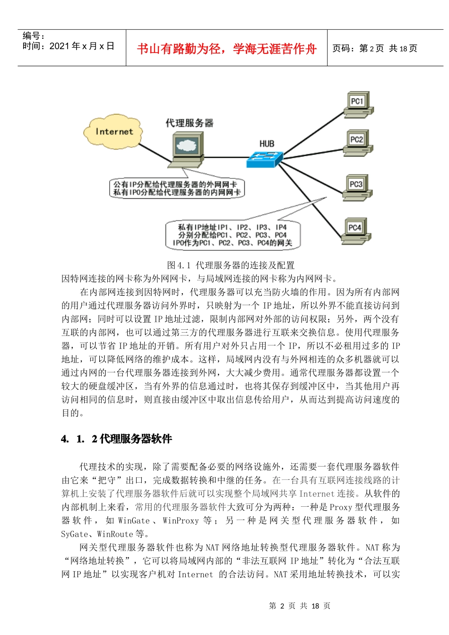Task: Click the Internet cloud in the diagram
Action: pyautogui.click(x=114, y=132)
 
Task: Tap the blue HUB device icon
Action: pyautogui.click(x=265, y=159)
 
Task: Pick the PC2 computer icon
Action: pyautogui.click(x=358, y=143)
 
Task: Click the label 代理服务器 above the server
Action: pyautogui.click(x=189, y=123)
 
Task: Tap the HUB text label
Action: pyautogui.click(x=267, y=143)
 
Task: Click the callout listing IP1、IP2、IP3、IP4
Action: pyautogui.click(x=233, y=235)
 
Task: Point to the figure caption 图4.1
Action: pyautogui.click(x=231, y=265)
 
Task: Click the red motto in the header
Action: pyautogui.click(x=226, y=48)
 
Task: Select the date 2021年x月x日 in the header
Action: pyautogui.click(x=82, y=46)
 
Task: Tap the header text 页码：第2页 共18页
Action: pyautogui.click(x=375, y=48)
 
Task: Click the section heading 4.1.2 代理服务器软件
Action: pyautogui.click(x=117, y=439)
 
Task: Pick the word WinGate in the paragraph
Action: pyautogui.click(x=134, y=520)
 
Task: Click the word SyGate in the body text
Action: pyautogui.click(x=74, y=534)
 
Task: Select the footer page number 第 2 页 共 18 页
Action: pyautogui.click(x=300, y=606)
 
